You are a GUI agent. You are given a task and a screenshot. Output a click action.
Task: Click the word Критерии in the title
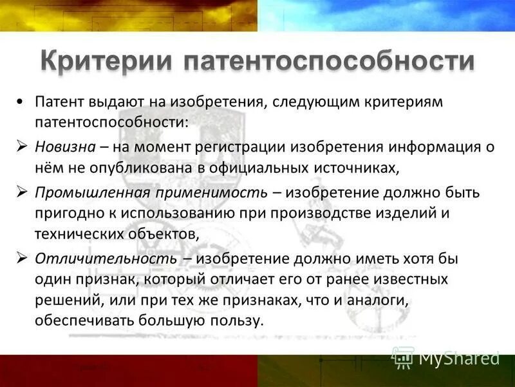(108, 63)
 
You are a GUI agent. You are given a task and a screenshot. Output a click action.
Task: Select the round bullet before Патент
(22, 102)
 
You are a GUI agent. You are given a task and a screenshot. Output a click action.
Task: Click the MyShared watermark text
(459, 357)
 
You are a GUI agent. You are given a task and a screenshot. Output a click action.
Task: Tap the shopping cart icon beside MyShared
(402, 357)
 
